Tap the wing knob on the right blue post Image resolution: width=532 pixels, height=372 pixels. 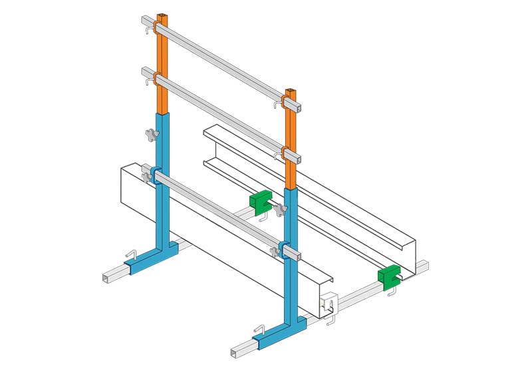coord(280,212)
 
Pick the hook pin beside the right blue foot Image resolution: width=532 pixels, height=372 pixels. coord(261,329)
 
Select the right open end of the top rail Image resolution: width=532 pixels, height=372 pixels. coord(300,106)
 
